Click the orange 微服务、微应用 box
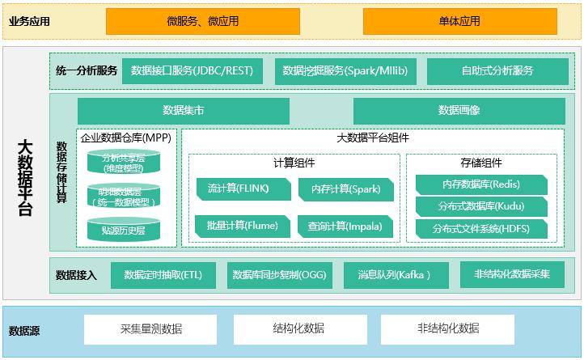tap(202, 21)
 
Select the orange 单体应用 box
tap(459, 21)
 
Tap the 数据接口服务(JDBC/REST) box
tap(192, 71)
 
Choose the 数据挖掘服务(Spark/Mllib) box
tap(345, 71)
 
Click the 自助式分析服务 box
tap(497, 71)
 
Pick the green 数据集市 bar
tap(183, 110)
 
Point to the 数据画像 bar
tap(459, 110)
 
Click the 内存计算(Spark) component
tap(345, 189)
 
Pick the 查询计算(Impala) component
tap(345, 226)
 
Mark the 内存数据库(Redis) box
tap(481, 184)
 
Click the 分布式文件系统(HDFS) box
tap(481, 229)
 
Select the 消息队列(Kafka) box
tap(394, 275)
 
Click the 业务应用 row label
tap(29, 22)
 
